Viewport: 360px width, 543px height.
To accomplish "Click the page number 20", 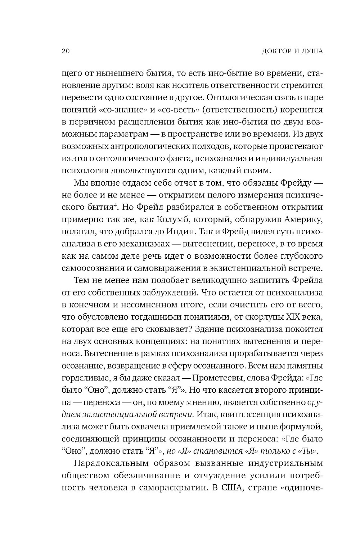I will (x=65, y=51).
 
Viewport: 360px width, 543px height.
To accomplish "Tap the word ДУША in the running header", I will (x=311, y=51).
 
